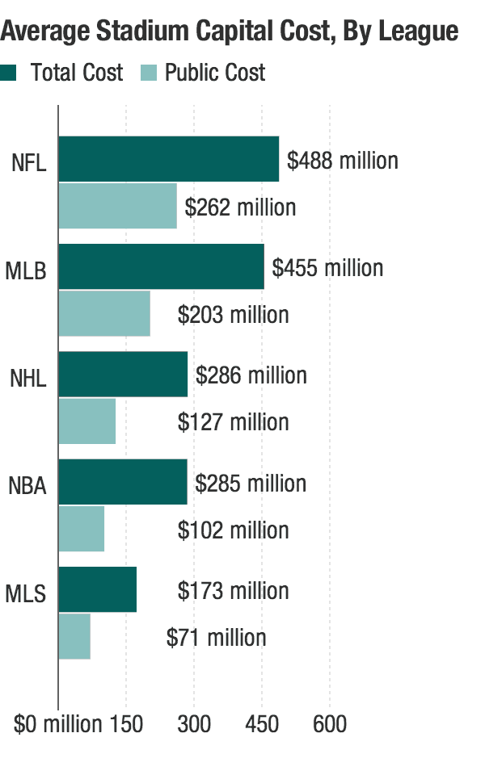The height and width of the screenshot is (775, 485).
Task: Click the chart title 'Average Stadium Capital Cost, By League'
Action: (230, 31)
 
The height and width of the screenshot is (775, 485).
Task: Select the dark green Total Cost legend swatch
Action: (9, 73)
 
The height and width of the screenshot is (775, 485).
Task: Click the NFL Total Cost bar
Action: (168, 159)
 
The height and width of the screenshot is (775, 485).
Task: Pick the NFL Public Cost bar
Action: (117, 206)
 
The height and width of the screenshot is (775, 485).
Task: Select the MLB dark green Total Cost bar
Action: (161, 266)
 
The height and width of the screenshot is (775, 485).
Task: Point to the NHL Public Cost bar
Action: (87, 421)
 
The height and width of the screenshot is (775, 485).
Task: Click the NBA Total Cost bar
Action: (123, 483)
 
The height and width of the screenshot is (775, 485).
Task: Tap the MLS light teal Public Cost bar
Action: (74, 636)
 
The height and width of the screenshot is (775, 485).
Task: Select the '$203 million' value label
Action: (234, 314)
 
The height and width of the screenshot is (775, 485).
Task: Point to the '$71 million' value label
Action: (216, 637)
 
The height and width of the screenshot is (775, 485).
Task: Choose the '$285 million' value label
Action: (251, 483)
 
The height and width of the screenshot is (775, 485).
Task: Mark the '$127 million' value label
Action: (234, 421)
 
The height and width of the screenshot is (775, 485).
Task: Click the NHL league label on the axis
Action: (28, 378)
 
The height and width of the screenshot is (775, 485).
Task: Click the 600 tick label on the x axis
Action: (330, 724)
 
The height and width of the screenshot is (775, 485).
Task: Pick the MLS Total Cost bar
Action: (98, 589)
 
